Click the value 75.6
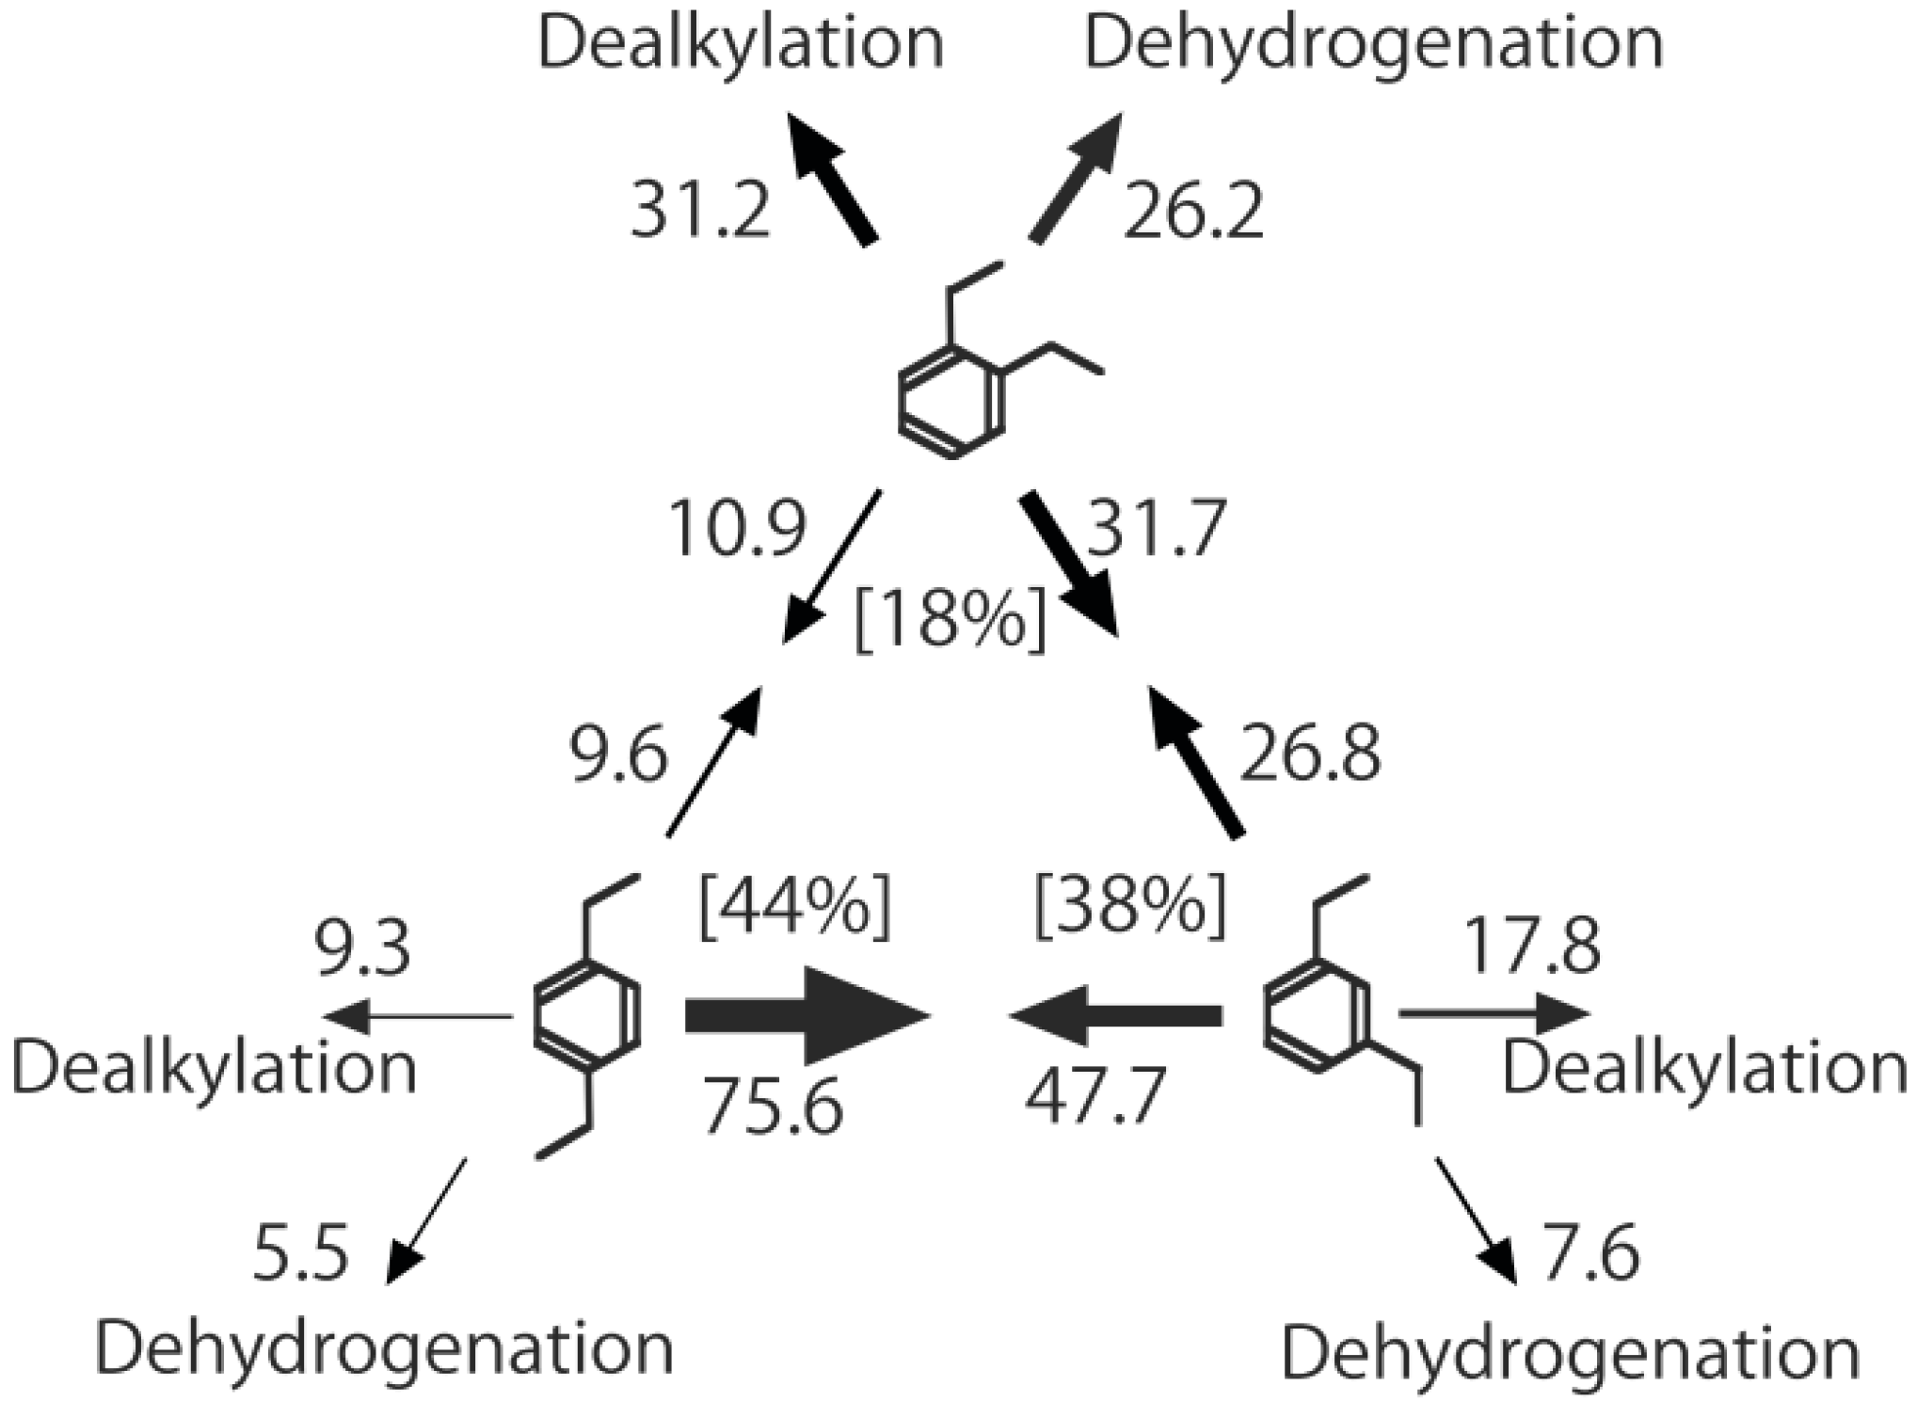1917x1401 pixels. (x=774, y=1106)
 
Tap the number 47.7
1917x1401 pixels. (x=1095, y=1097)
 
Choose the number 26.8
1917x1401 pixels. (x=1310, y=754)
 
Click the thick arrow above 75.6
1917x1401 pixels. (x=806, y=1016)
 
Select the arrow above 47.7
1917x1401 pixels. (x=1114, y=1016)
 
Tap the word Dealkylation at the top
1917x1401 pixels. (x=741, y=43)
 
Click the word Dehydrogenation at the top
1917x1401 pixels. (x=1374, y=43)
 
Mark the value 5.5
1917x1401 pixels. (x=301, y=1252)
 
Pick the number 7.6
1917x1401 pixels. (x=1590, y=1252)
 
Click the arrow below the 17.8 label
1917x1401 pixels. (x=1494, y=1014)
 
